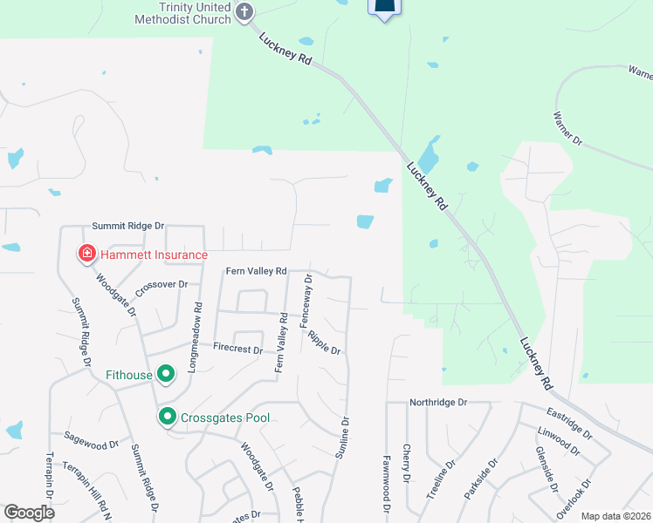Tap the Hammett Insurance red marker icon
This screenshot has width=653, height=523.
pyautogui.click(x=87, y=255)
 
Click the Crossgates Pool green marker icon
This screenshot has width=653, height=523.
pyautogui.click(x=167, y=418)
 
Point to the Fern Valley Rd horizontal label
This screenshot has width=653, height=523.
pyautogui.click(x=257, y=271)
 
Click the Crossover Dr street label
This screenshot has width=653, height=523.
pyautogui.click(x=161, y=284)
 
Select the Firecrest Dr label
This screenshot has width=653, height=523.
pyautogui.click(x=237, y=349)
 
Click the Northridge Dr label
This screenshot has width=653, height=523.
pyautogui.click(x=438, y=403)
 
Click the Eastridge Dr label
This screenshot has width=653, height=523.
pyautogui.click(x=570, y=422)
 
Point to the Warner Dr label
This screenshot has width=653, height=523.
pyautogui.click(x=567, y=128)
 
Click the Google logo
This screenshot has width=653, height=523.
pyautogui.click(x=29, y=513)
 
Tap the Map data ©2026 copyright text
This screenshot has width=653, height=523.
pyautogui.click(x=615, y=516)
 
